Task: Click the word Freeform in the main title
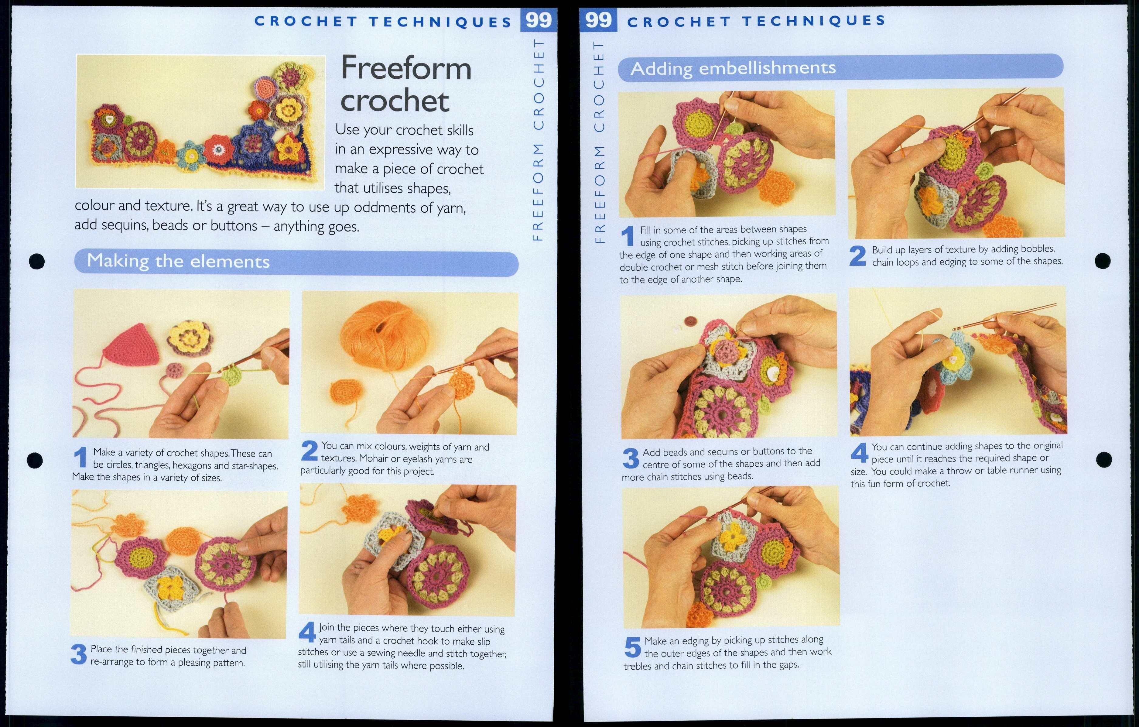click(x=406, y=69)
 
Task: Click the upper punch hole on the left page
click(x=36, y=261)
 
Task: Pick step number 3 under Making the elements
click(x=79, y=655)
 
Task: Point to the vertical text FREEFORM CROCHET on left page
click(x=538, y=139)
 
